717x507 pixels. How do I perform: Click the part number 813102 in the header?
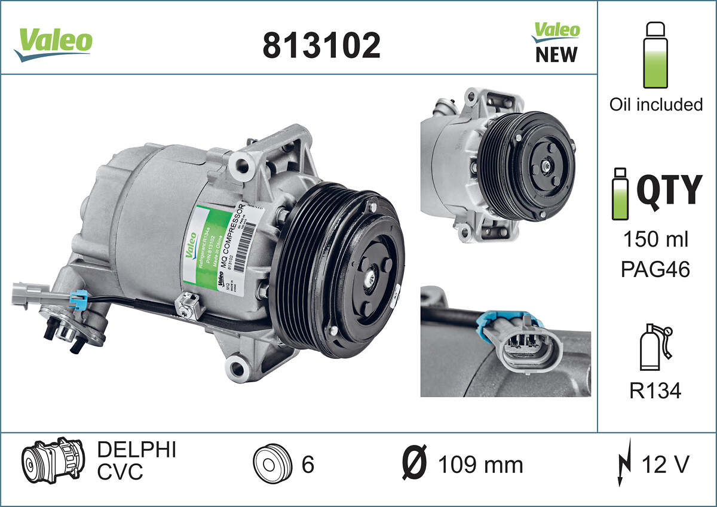[321, 45]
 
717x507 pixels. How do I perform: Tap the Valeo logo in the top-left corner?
[53, 44]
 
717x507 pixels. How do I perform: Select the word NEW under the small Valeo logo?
[556, 55]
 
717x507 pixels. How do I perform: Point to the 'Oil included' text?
[655, 105]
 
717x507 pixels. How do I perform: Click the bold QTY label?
[669, 190]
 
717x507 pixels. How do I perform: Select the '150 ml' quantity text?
[655, 240]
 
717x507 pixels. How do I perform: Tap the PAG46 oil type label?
[655, 269]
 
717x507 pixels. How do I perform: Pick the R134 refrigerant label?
[655, 391]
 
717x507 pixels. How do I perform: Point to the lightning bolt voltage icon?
[622, 464]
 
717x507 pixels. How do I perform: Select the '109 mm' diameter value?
[480, 464]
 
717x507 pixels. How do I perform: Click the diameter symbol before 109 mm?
[413, 464]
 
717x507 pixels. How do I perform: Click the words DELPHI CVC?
[136, 461]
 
